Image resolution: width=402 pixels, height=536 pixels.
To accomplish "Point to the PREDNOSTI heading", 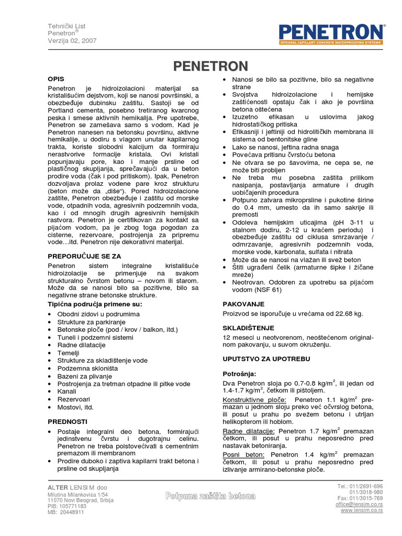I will (68, 421).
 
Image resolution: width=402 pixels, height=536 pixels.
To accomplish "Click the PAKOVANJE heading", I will (243, 303).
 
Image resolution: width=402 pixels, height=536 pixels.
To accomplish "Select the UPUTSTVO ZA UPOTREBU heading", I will (266, 359).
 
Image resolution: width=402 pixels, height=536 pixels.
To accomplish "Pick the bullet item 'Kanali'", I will (68, 392).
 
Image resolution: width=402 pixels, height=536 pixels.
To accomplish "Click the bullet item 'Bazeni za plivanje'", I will (84, 376).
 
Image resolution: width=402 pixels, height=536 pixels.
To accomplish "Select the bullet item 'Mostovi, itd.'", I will (76, 407).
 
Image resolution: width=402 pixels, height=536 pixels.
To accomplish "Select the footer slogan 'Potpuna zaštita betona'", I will (210, 496).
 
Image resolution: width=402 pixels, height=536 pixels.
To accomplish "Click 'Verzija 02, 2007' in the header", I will (72, 41).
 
